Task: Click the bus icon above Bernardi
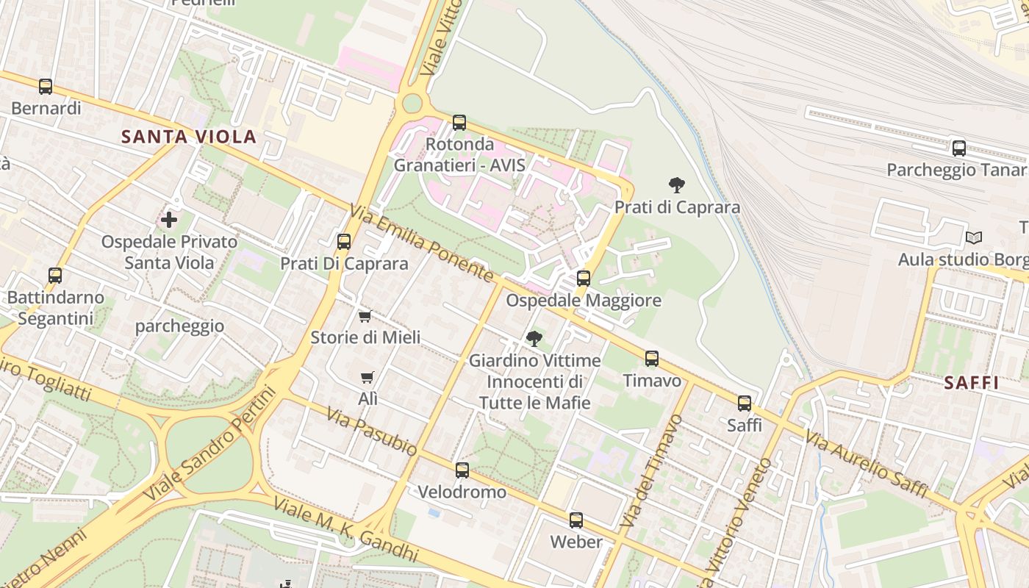click(46, 87)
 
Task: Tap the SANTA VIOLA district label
click(189, 137)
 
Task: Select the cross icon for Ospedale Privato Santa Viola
click(169, 220)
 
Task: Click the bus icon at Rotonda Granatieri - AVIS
click(459, 123)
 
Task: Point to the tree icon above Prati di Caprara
click(677, 185)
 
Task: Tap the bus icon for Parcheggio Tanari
click(959, 148)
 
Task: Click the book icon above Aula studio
click(974, 237)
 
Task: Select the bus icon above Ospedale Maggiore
click(584, 279)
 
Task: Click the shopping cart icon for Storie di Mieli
click(365, 316)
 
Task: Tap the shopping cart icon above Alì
click(367, 378)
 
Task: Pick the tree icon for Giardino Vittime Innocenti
click(534, 339)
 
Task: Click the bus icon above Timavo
click(652, 359)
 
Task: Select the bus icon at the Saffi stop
click(745, 404)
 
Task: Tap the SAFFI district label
click(971, 383)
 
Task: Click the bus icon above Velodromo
click(462, 470)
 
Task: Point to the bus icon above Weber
click(576, 520)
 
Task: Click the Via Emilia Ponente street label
click(422, 243)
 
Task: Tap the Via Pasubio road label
click(372, 432)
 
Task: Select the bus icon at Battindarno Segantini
click(55, 276)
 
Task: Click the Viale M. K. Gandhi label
click(345, 531)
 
